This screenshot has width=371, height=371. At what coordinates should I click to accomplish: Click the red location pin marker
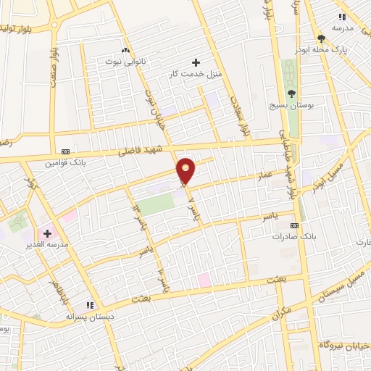click(186, 170)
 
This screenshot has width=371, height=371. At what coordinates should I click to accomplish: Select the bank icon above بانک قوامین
click(66, 151)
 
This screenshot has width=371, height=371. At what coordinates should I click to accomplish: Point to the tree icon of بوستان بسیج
click(291, 93)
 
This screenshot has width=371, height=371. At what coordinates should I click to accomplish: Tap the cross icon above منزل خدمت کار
click(195, 62)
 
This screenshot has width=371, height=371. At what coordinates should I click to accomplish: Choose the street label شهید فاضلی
click(146, 151)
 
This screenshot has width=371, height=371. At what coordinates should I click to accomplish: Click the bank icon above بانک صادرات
click(293, 225)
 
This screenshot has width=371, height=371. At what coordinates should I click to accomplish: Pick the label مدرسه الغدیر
click(46, 245)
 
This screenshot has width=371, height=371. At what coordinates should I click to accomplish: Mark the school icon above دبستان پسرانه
click(90, 305)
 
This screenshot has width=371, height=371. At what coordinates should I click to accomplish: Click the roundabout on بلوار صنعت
click(55, 24)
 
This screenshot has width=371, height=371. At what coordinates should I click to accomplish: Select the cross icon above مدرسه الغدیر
click(48, 233)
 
